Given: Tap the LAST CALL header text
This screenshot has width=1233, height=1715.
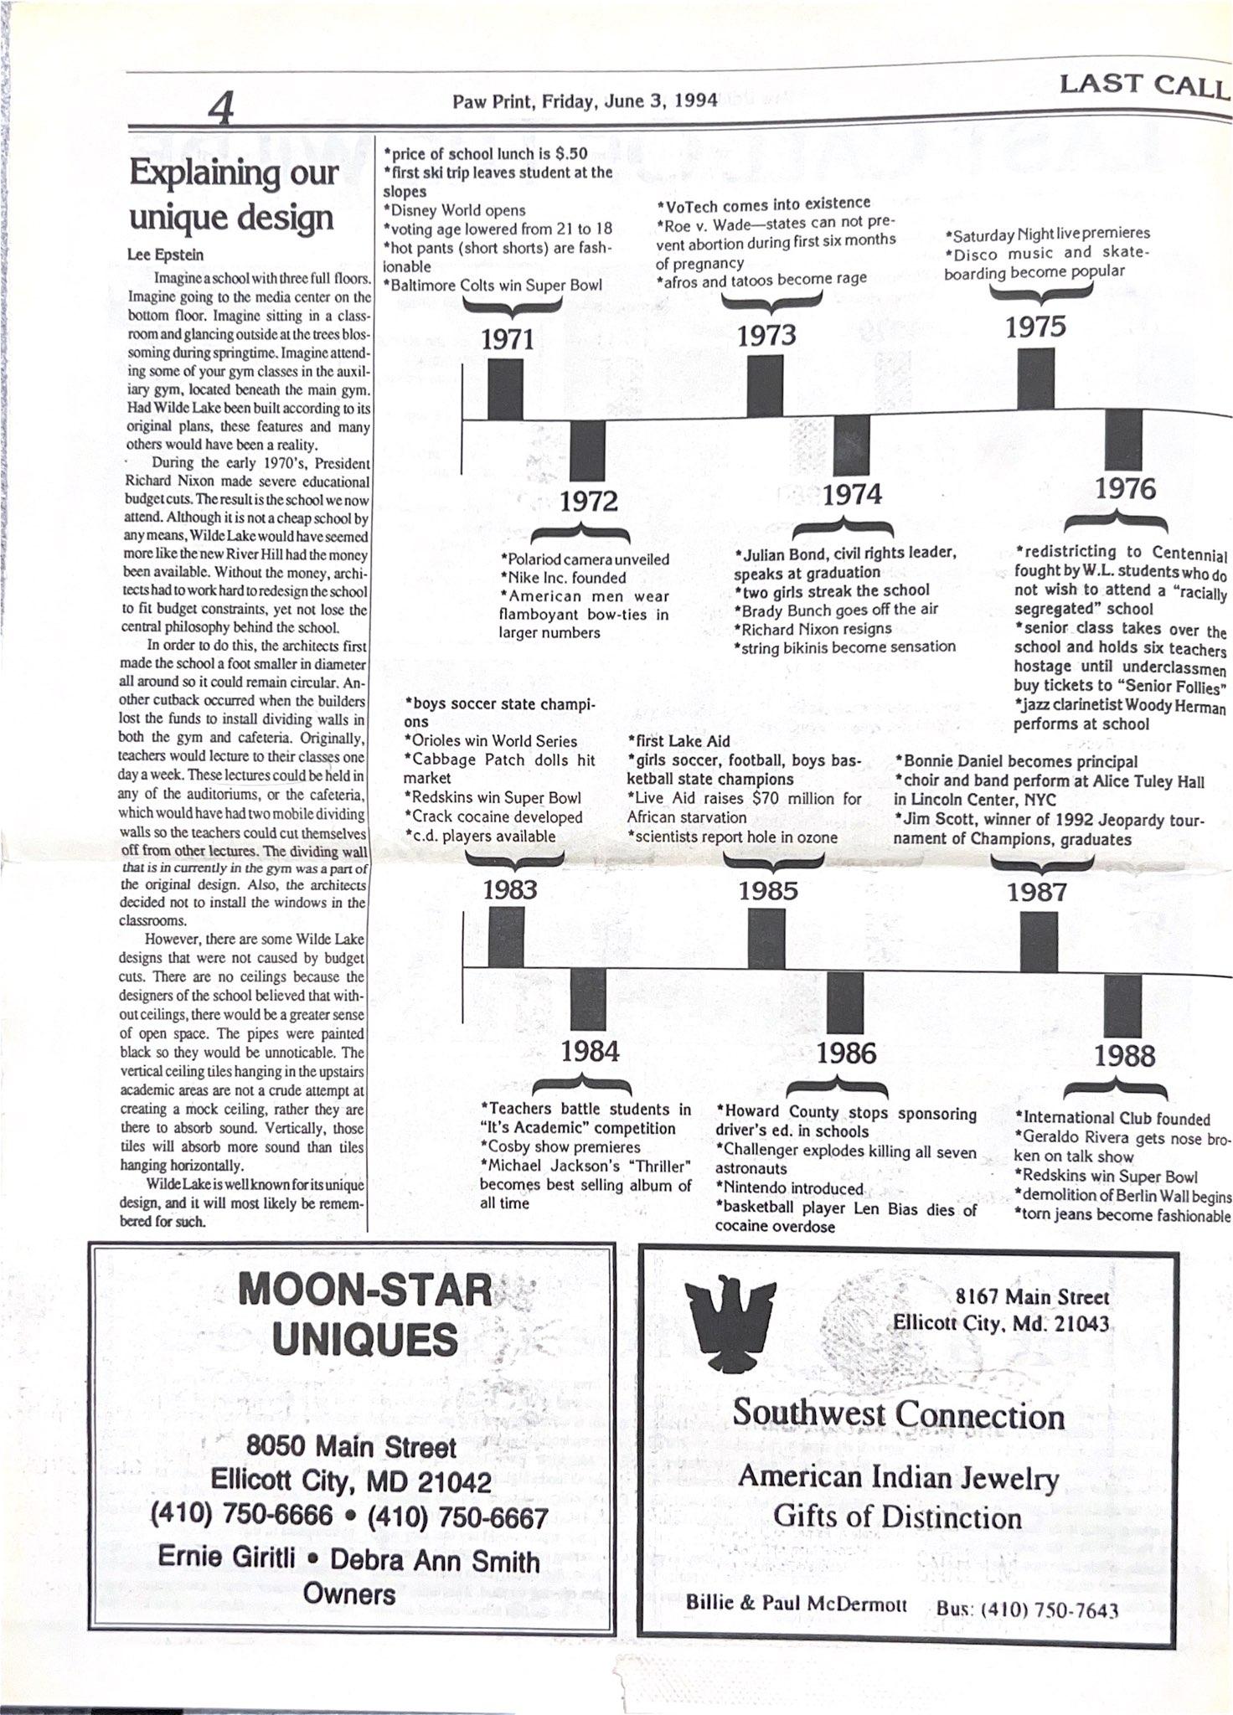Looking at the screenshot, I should point(1143,85).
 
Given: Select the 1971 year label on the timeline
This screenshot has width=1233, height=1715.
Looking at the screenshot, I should point(508,339).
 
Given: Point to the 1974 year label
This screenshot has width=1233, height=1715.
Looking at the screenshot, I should point(852,494).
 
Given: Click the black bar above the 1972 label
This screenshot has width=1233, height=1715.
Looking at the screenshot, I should point(587,450).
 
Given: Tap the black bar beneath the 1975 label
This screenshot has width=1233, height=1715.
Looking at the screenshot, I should point(1035,379).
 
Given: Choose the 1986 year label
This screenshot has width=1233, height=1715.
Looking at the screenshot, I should point(846,1053).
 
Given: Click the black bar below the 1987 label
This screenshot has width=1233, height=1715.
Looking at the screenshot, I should point(1038,941).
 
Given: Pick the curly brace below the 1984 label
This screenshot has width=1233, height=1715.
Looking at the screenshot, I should point(588,1085).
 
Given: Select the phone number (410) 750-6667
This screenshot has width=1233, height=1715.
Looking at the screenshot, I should point(457,1517).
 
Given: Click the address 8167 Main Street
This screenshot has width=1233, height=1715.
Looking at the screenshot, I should point(1032,1297).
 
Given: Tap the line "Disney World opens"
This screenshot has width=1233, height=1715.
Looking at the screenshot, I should point(454,210).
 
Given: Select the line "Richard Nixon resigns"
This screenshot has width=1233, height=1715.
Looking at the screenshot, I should point(813,628).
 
